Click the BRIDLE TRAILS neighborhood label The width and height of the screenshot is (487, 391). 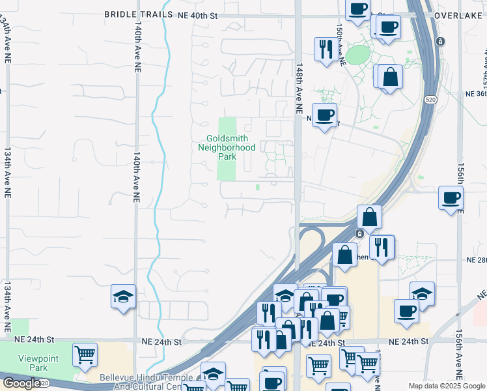[139, 14]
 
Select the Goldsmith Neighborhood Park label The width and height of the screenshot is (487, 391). [227, 147]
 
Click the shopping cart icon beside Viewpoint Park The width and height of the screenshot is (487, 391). [85, 356]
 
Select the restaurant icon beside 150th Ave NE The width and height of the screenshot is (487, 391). [326, 49]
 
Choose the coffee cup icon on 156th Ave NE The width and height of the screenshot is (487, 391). [451, 197]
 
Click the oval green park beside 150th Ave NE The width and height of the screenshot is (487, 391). [357, 55]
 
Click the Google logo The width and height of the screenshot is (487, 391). [21, 383]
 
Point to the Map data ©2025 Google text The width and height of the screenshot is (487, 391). [447, 386]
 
